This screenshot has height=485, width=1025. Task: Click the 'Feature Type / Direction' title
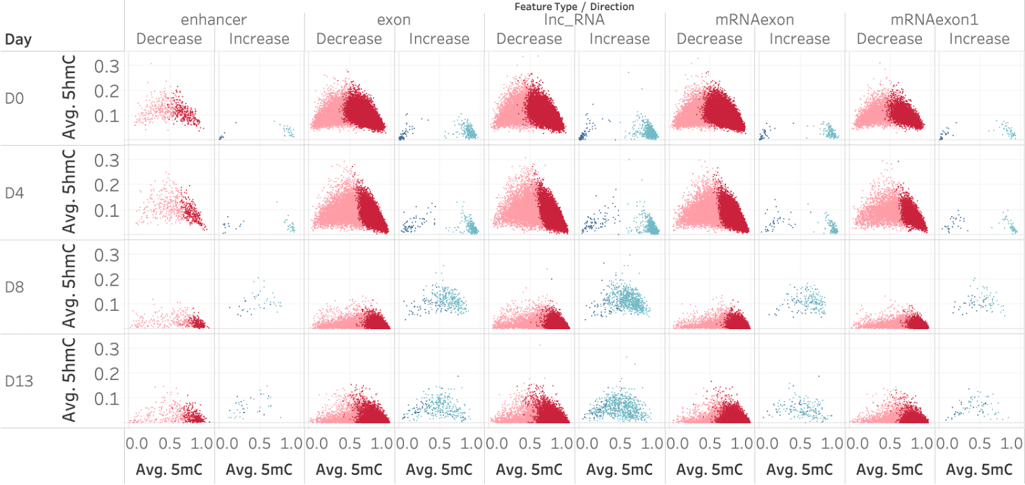click(574, 6)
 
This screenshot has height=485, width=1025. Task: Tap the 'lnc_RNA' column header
click(574, 20)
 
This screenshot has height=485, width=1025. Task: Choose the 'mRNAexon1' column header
click(936, 20)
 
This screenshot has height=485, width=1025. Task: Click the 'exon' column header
click(394, 20)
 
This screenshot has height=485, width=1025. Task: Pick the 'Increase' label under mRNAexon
click(800, 39)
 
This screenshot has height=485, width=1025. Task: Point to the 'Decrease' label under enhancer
click(169, 39)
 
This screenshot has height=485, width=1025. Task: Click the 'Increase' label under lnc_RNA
click(620, 39)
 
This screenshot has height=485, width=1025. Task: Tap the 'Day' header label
click(18, 39)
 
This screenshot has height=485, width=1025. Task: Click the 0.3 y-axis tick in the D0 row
click(106, 66)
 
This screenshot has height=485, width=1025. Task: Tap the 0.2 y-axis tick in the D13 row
click(106, 373)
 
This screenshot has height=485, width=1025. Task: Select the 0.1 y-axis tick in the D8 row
click(106, 304)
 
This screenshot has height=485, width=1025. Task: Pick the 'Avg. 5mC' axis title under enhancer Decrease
click(169, 469)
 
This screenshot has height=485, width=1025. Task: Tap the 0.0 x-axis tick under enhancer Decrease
click(135, 444)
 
